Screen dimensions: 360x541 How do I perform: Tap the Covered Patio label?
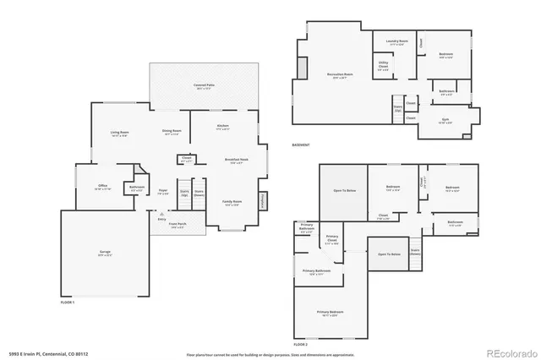click(204, 87)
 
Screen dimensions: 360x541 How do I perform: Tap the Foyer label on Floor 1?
click(163, 192)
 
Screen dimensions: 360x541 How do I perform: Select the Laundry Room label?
click(397, 41)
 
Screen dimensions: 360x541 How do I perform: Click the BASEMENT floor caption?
click(302, 145)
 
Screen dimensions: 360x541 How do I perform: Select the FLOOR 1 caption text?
click(68, 302)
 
